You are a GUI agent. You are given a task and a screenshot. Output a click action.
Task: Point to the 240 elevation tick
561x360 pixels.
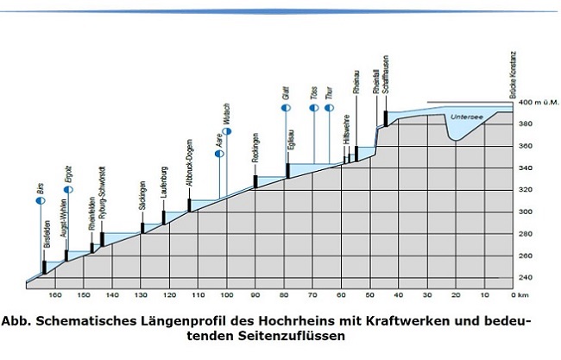(523, 277)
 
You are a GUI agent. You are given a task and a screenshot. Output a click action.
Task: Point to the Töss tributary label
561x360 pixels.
(312, 116)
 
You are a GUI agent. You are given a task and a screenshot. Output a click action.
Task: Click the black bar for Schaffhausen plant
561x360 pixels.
(386, 117)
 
